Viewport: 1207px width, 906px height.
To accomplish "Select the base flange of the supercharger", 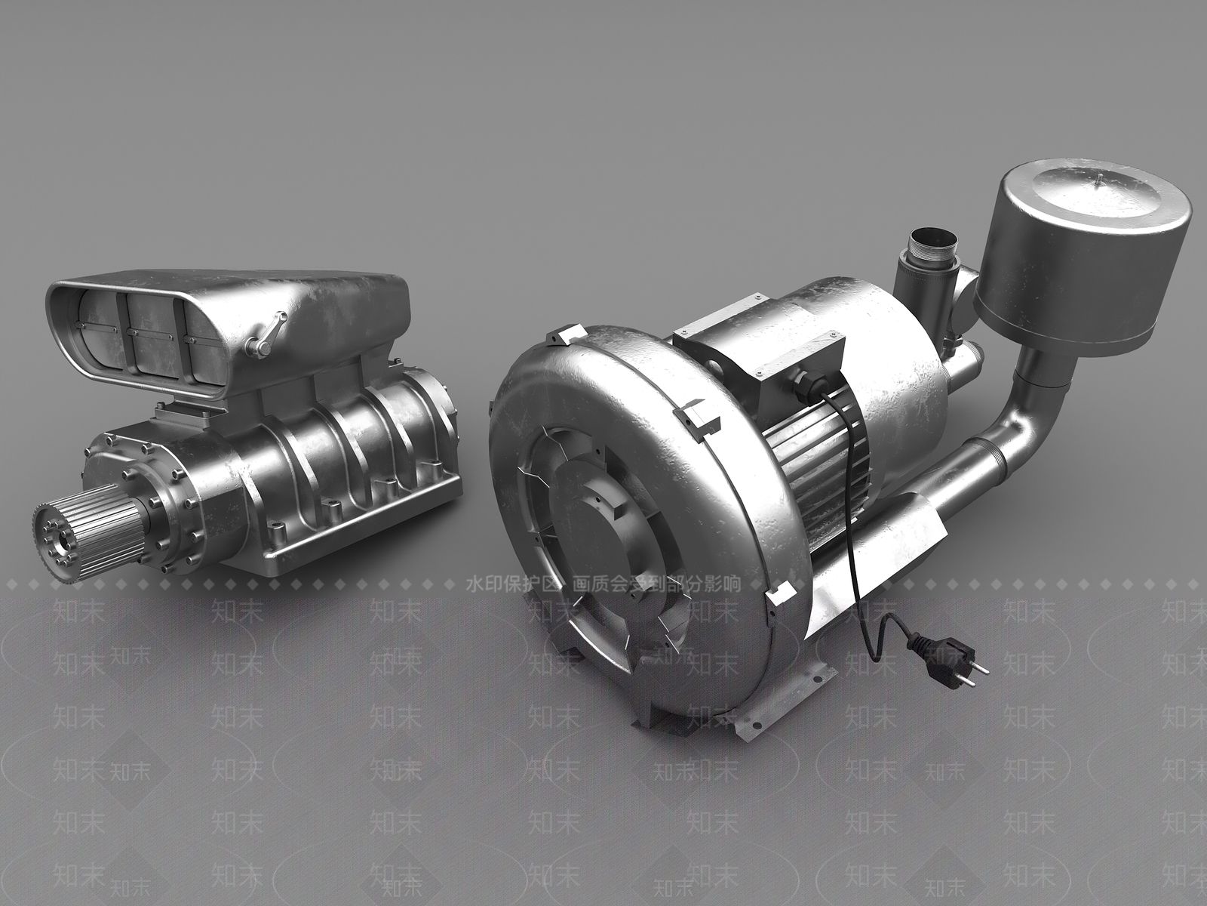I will (x=362, y=528).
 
